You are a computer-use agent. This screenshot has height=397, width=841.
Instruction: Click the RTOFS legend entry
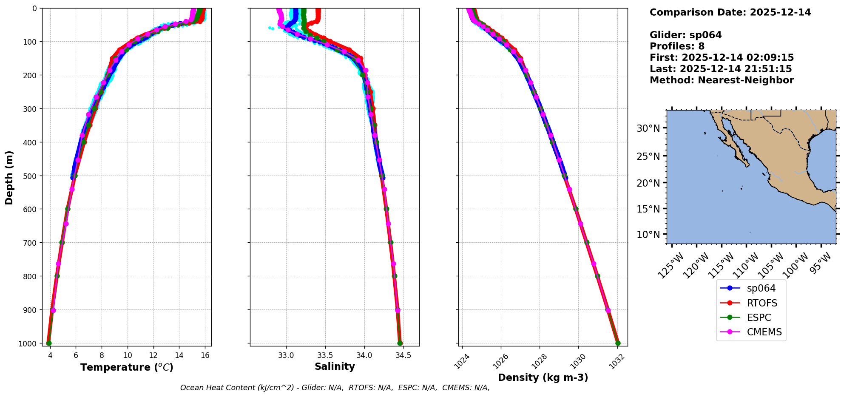coord(761,303)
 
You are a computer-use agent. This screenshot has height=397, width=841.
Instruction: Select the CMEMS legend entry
coord(764,332)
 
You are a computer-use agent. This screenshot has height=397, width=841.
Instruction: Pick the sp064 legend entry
coord(761,288)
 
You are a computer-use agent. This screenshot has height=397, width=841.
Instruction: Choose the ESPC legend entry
coord(759,318)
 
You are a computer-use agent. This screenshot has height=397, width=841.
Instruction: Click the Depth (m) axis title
coord(9,177)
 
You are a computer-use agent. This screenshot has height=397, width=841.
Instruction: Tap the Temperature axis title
coord(127,367)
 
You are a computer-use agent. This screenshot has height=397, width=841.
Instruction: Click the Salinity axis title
coord(335,366)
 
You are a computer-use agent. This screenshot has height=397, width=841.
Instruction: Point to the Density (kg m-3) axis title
coord(543,377)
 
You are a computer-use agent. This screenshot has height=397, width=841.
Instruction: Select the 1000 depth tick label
coord(27,343)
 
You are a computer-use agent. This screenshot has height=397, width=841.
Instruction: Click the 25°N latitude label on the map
coord(648,156)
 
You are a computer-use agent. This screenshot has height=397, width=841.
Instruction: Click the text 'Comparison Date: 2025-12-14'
coord(730,12)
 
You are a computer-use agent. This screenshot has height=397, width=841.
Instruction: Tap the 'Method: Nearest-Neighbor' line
coord(722,80)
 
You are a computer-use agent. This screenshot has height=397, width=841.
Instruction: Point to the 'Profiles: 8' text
coord(677,46)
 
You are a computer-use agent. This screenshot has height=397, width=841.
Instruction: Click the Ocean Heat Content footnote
coord(335,388)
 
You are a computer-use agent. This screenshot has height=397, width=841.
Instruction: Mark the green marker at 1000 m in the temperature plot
coord(49,343)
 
